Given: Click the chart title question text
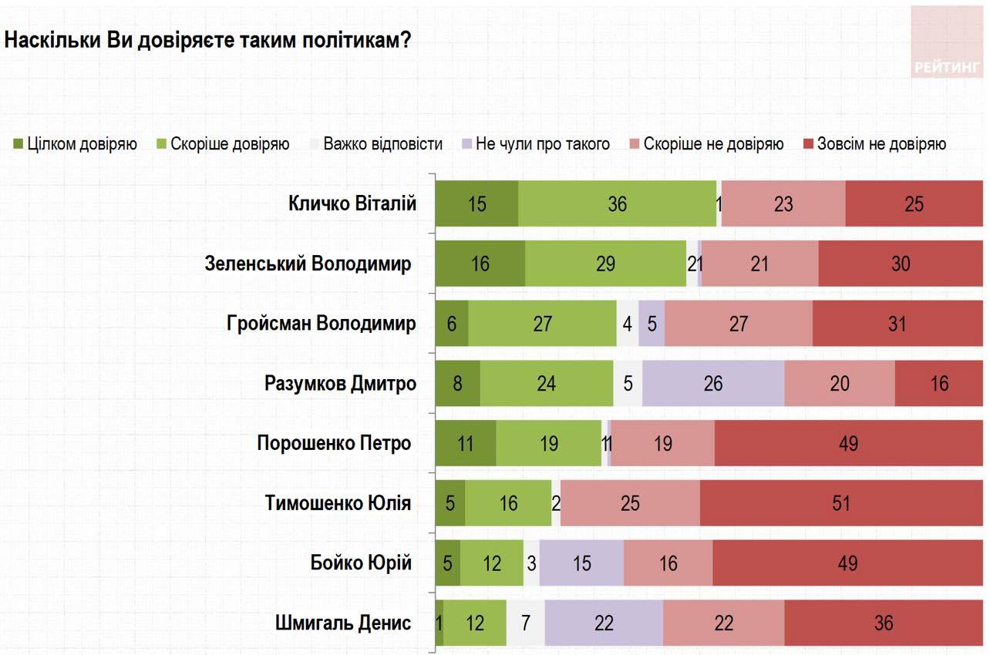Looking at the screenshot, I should coord(207,40).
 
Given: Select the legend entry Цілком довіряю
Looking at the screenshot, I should coord(76,144).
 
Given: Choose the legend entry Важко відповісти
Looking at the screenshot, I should coord(375,144).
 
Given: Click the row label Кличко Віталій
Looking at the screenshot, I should coord(352,203).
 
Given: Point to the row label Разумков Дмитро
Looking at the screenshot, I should coord(340,383).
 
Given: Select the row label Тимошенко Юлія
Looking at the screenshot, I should coord(338,503).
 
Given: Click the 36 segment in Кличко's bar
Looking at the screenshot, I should coord(617,203).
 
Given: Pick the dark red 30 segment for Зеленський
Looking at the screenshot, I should coord(901,264).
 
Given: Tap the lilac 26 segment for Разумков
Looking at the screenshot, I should coord(713,383).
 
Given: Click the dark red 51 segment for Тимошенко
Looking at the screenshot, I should coord(841,503).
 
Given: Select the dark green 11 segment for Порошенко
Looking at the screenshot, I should coord(466,443).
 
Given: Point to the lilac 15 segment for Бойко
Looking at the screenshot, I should coord(581,563).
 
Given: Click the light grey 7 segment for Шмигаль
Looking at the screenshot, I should coord(525,623).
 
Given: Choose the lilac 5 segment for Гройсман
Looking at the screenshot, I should coord(652,324).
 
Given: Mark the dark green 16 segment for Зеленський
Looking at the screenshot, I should coord(480,264).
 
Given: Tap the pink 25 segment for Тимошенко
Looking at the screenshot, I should coord(630,503).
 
